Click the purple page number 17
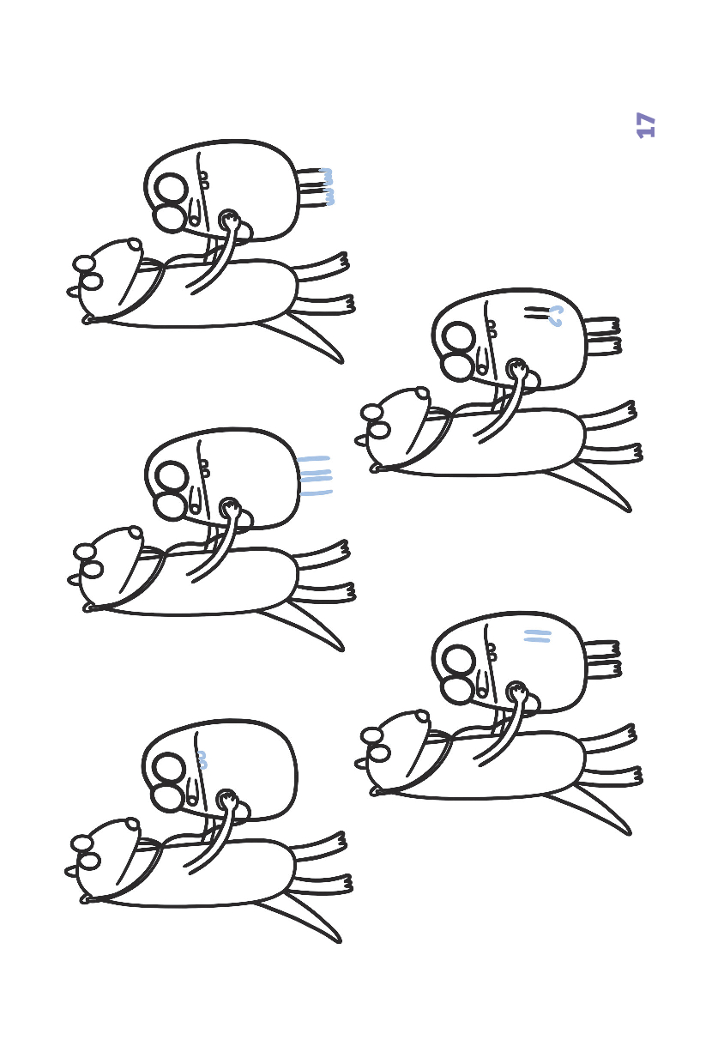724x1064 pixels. [646, 125]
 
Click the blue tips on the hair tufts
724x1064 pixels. [327, 187]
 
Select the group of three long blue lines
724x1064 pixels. [315, 476]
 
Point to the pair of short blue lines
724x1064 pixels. [537, 636]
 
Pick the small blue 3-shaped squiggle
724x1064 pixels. [202, 760]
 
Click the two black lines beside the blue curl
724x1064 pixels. [536, 312]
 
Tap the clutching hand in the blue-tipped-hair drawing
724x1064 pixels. [230, 220]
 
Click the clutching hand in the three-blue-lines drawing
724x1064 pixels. [230, 508]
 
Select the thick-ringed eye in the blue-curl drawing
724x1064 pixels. [458, 337]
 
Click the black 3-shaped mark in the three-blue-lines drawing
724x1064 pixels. [206, 469]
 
